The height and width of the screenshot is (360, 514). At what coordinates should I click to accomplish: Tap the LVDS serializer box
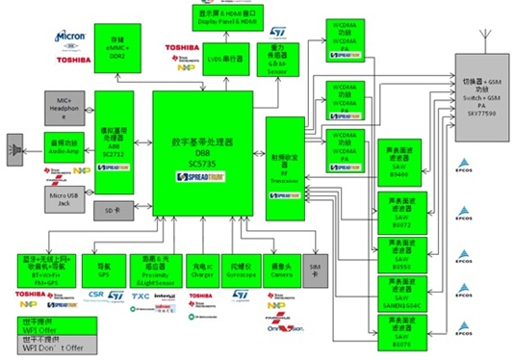226,60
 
